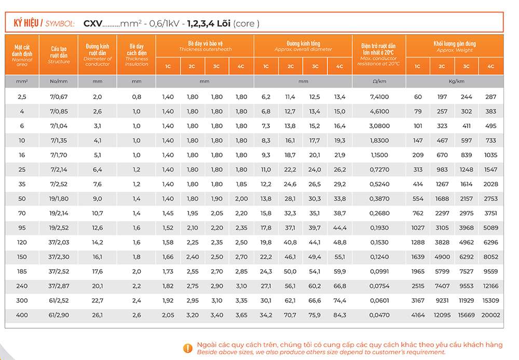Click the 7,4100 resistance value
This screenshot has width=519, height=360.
point(379,97)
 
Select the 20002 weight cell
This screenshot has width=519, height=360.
point(490,315)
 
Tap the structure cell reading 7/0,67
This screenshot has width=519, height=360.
point(59,97)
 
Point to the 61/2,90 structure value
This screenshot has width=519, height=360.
point(59,315)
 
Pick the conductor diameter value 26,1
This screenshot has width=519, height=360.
point(97,315)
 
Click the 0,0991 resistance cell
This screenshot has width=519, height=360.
point(379,271)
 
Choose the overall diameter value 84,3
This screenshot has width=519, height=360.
point(339,315)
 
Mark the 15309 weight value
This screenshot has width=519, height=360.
point(490,300)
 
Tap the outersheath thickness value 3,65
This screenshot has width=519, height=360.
point(241,315)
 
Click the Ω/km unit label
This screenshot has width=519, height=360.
point(379,81)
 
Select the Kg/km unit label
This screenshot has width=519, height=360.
point(455,81)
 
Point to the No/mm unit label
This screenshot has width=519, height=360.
point(59,81)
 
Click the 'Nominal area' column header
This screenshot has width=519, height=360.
point(22,54)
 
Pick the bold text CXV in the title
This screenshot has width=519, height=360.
point(93,23)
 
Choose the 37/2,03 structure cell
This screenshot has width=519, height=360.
point(59,242)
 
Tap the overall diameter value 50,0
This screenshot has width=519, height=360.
point(291,271)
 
